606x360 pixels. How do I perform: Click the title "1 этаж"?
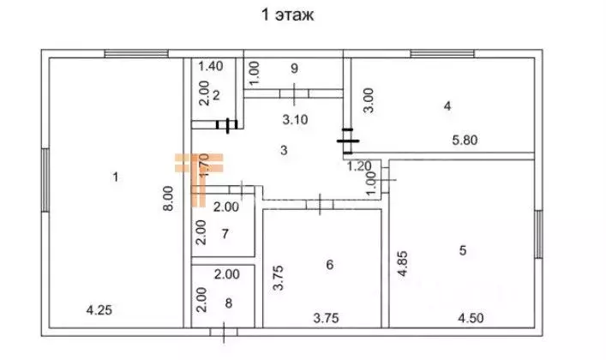pos(287,15)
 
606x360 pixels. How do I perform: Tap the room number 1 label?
pos(115,177)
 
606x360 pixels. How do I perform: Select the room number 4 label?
pos(447,105)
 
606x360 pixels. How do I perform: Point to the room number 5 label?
pos(463,250)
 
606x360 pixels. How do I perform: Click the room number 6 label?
pos(330,265)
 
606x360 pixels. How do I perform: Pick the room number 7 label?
pos(225,233)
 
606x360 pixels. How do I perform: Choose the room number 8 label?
pos(228,303)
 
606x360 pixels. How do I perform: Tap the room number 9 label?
pos(295,69)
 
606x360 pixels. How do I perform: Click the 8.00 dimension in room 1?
pos(168,198)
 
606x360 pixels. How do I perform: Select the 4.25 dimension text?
pos(99,310)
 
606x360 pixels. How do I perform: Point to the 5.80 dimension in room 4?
pos(465,140)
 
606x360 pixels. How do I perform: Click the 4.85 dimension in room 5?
pos(402,264)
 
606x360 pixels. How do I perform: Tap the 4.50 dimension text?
pos(471,318)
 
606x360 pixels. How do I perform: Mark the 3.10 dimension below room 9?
pos(295,119)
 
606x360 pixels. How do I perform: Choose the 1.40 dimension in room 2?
pos(211,66)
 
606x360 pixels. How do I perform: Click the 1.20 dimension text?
pos(358,166)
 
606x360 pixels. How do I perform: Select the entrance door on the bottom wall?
pos(224,333)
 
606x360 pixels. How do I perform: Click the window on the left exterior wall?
pos(45,180)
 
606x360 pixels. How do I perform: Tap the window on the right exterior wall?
pos(538,234)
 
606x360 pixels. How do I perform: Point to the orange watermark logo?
pos(200,179)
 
